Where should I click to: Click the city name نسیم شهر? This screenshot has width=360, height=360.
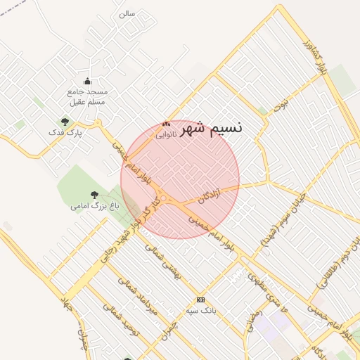click(211, 128)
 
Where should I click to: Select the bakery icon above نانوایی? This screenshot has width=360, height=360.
click(166, 124)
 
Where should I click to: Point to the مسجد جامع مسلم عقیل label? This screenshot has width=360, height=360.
click(88, 96)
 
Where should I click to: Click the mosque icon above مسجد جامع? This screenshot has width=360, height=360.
click(87, 81)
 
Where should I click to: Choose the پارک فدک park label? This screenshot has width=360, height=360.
click(65, 132)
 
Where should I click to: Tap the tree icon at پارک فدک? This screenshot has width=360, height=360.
click(65, 122)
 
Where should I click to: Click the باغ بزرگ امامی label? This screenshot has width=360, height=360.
click(95, 207)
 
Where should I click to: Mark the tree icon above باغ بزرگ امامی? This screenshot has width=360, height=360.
click(94, 195)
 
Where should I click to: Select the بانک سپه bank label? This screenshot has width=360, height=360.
click(200, 310)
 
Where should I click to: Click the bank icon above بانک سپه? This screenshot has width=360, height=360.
click(200, 300)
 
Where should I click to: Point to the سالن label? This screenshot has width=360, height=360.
click(127, 13)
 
